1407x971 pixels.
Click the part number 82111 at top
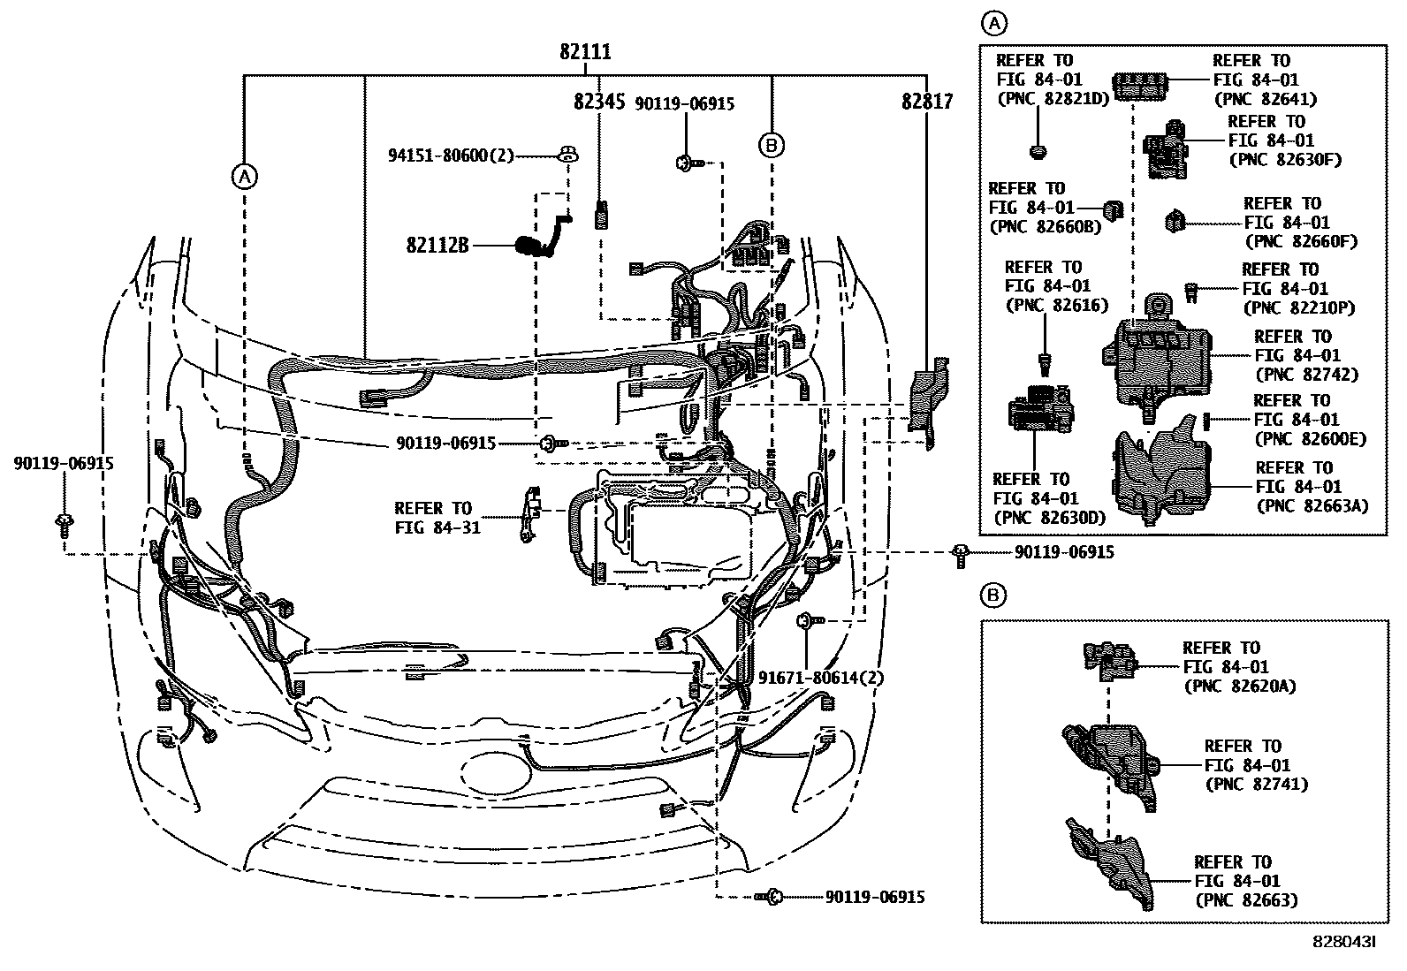[584, 52]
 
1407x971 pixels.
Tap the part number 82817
[927, 102]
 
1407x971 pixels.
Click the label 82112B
[437, 244]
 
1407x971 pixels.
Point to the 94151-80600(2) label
[451, 156]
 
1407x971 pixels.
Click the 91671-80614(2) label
[821, 678]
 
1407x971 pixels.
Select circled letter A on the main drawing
[244, 177]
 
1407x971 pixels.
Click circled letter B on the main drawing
[772, 144]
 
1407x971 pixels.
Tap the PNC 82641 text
[1266, 99]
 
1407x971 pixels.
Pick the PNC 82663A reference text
[1312, 505]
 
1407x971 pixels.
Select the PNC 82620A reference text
[1239, 686]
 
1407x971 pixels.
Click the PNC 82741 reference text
[1256, 784]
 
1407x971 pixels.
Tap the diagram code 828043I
[1344, 943]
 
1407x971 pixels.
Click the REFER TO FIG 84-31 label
[433, 519]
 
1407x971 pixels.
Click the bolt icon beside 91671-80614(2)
[807, 621]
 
